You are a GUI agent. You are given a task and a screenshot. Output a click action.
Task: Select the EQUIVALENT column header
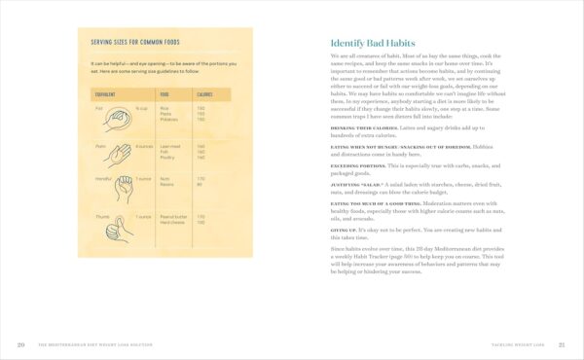104,94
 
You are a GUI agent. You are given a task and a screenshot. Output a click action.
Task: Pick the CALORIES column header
204,94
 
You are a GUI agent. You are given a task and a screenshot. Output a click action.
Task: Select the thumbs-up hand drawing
118,226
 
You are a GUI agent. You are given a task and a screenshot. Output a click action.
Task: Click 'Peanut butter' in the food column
172,217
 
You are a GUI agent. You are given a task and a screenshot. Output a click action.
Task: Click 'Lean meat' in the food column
169,146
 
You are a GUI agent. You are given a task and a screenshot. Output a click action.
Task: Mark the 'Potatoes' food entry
169,121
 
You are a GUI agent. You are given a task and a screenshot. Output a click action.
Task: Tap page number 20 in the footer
21,344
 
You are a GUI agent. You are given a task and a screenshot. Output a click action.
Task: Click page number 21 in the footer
562,344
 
